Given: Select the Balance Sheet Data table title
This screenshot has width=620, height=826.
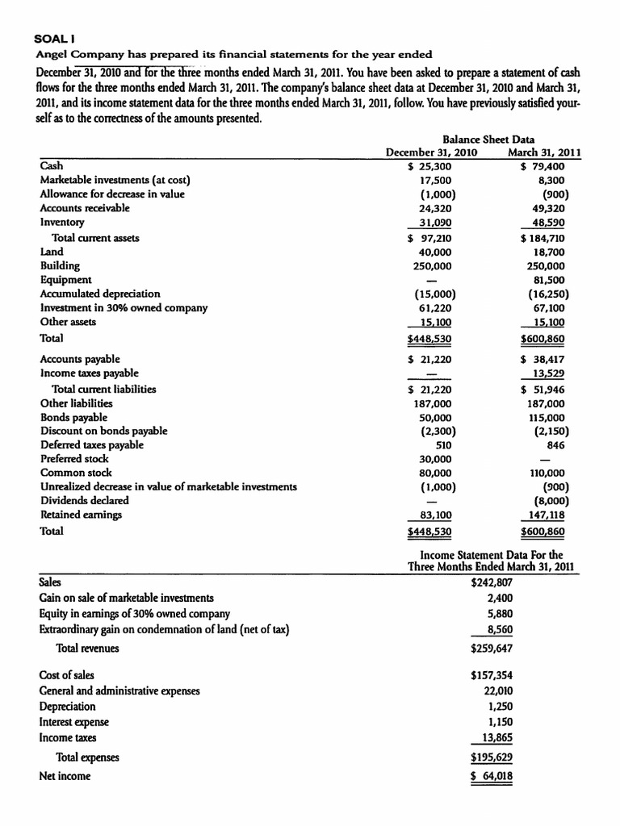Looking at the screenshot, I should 488,140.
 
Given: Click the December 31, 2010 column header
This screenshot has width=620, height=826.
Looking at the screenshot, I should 431,152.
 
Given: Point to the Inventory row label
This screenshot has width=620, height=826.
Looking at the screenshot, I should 62,222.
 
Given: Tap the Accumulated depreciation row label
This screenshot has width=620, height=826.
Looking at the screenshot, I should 100,294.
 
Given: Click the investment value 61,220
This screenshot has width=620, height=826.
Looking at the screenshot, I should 436,308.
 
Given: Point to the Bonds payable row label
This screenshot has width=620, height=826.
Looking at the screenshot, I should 73,417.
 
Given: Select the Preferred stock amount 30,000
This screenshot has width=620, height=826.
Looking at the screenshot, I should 436,459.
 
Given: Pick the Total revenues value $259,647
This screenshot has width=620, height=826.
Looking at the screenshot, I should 491,648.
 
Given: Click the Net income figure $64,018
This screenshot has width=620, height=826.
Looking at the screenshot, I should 491,776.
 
